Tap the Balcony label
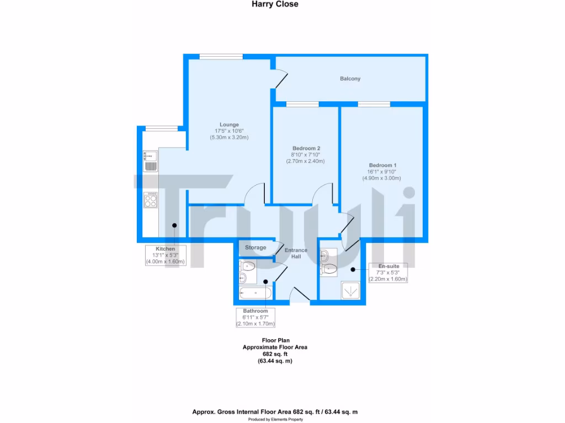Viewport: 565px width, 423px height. (x=350, y=79)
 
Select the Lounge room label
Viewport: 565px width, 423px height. (x=229, y=124)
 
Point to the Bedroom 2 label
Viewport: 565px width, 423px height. (x=306, y=148)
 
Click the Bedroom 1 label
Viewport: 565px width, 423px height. (x=382, y=165)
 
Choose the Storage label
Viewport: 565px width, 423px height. (x=255, y=248)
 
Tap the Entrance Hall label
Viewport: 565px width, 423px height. (x=296, y=254)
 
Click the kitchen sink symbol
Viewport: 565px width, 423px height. (x=150, y=160)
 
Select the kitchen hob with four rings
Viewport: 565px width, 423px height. (x=150, y=199)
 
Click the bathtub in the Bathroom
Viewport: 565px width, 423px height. (x=254, y=292)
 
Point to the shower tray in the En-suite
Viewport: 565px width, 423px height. (x=350, y=290)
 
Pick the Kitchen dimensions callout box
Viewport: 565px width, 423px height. (x=165, y=256)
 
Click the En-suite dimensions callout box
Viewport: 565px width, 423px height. (x=388, y=273)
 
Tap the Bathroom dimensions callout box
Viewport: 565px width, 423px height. (x=255, y=318)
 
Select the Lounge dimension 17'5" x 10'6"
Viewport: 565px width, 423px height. (x=229, y=131)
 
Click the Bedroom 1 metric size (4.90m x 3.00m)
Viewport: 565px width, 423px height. (x=381, y=178)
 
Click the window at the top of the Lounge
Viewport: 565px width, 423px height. (x=221, y=55)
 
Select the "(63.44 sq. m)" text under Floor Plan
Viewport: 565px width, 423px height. (x=275, y=361)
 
